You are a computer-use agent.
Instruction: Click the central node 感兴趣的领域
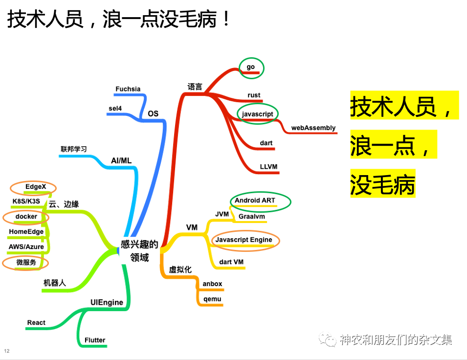tap(140, 250)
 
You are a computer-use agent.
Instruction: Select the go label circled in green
tap(251, 67)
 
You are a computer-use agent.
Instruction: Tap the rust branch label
tap(254, 95)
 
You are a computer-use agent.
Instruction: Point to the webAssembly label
tap(313, 128)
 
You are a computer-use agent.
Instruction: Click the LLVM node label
tap(268, 167)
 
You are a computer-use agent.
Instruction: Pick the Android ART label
tap(255, 200)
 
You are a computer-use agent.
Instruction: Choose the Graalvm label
tap(252, 216)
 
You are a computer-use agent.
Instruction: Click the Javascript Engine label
tap(244, 240)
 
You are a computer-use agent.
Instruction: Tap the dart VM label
tap(231, 262)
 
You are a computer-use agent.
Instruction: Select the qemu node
tap(212, 299)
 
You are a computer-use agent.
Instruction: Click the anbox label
tap(212, 283)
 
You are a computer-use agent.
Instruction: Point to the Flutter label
tap(95, 340)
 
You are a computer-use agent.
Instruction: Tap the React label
tap(36, 322)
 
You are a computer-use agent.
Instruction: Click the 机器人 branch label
tap(54, 283)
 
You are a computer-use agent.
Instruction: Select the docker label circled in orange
tap(26, 216)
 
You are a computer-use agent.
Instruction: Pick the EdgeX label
tap(35, 186)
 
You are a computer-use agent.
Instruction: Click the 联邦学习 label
tap(74, 149)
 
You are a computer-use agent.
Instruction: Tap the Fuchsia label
tap(128, 89)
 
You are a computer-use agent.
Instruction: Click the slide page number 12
tap(7, 351)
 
